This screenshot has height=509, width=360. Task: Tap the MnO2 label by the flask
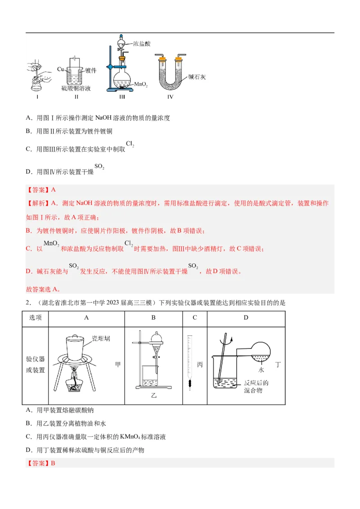(x=141, y=84)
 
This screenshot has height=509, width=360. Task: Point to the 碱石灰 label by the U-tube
(x=197, y=77)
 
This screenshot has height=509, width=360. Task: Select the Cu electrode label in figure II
(x=61, y=69)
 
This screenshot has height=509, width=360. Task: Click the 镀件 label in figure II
(x=91, y=70)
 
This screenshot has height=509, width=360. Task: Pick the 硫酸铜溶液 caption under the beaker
(x=76, y=89)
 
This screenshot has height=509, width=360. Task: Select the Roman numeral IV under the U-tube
(x=170, y=96)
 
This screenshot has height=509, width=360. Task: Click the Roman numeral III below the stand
(x=121, y=96)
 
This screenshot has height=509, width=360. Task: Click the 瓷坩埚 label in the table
(x=101, y=338)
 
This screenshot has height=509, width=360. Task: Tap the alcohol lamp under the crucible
(x=76, y=382)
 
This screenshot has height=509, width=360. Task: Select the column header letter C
(x=195, y=318)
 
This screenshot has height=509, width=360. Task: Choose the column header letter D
(x=246, y=318)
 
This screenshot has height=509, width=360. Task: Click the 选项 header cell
(x=36, y=318)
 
